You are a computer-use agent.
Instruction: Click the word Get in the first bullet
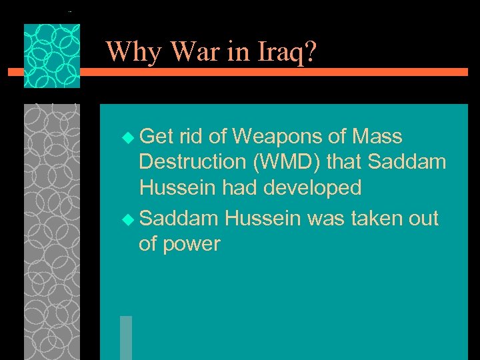click(157, 137)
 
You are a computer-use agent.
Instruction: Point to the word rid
click(191, 137)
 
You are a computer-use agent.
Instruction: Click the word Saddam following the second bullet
click(180, 218)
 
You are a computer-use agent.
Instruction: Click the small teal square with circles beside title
click(52, 56)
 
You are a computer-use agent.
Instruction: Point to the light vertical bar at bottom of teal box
click(125, 337)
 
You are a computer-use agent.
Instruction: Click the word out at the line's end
click(421, 218)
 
